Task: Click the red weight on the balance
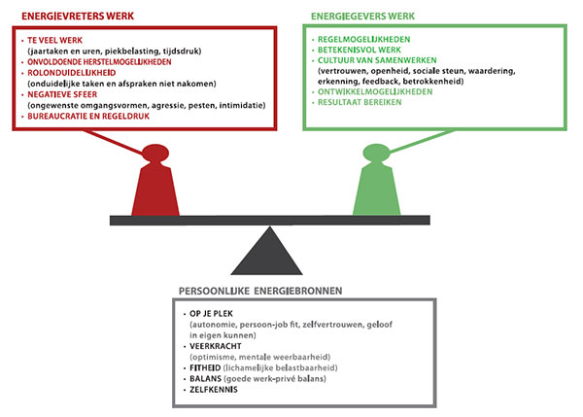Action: coord(154,185)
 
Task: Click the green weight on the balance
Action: coord(376,185)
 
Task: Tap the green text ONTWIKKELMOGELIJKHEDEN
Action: coord(371,93)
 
